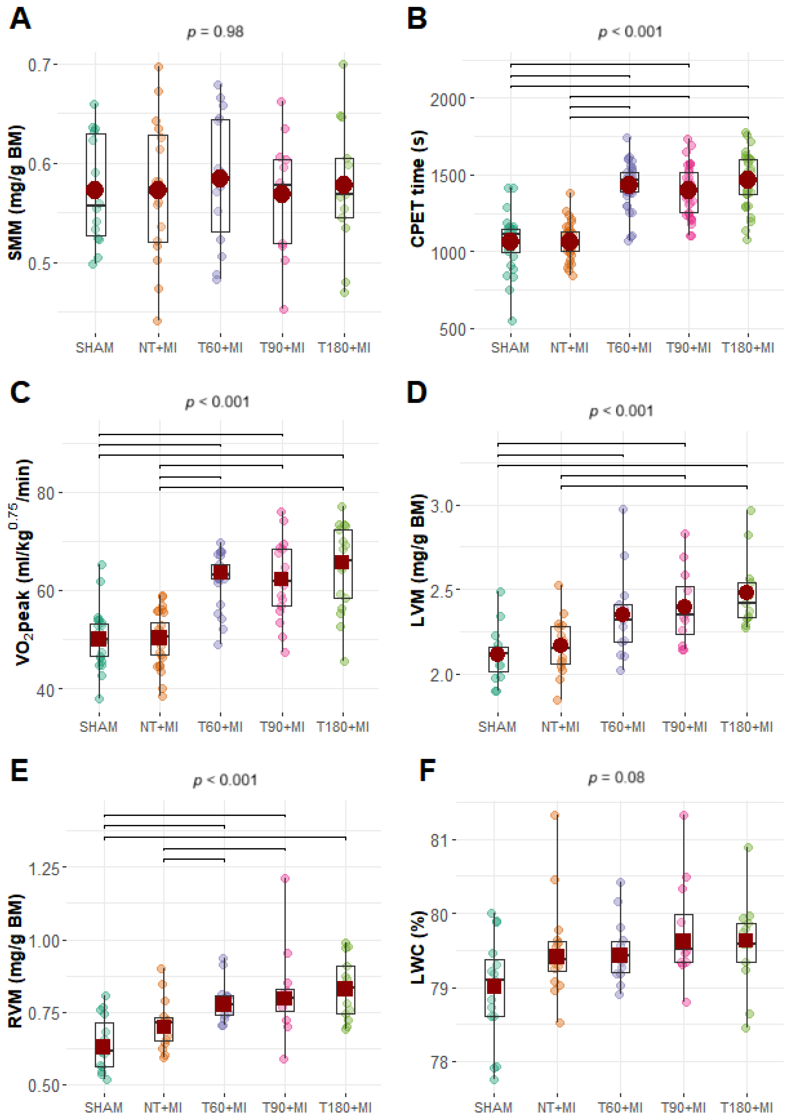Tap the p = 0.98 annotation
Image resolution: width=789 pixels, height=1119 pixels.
[x=215, y=32]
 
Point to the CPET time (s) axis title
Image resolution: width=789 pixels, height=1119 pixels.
[x=418, y=189]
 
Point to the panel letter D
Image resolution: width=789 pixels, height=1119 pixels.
[x=417, y=392]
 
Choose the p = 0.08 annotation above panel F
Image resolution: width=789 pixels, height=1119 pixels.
[x=616, y=777]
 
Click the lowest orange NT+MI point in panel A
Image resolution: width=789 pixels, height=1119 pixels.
[x=157, y=321]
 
